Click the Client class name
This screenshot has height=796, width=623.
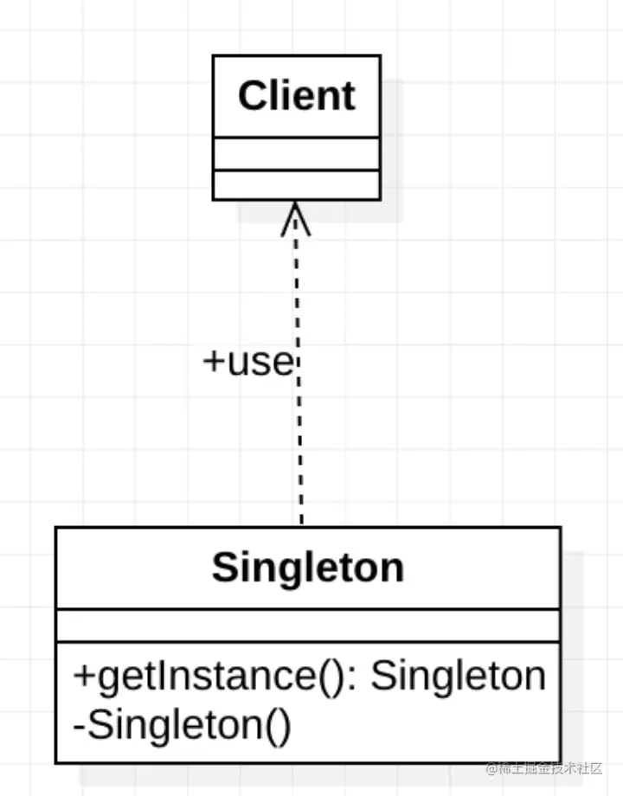(x=296, y=95)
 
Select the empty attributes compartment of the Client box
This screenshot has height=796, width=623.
(x=296, y=154)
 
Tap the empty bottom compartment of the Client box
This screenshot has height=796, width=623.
(x=296, y=184)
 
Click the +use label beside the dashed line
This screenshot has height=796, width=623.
(x=248, y=362)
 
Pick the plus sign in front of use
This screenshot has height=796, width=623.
(x=212, y=362)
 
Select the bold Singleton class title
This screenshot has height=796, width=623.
(x=307, y=568)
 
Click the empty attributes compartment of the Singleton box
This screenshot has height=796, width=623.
(x=307, y=626)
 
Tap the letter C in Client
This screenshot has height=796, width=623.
(x=252, y=95)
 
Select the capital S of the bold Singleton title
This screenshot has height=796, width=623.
(x=224, y=568)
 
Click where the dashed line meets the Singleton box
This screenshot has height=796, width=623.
(x=301, y=525)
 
